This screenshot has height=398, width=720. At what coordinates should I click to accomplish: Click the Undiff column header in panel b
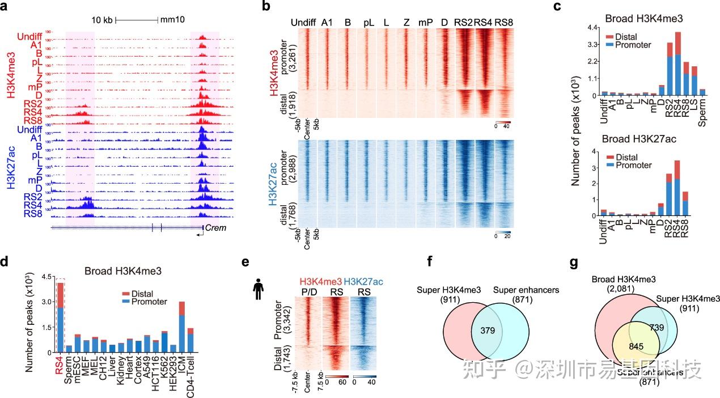pos(303,22)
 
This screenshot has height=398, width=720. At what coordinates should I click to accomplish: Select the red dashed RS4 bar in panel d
pos(61,317)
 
